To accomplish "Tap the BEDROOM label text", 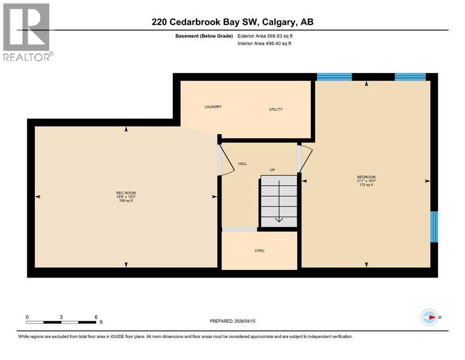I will (366, 177).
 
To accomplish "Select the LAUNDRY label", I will (213, 107).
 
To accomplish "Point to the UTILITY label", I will (275, 109).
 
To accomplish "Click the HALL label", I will (242, 164).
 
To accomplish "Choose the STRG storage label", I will (259, 251).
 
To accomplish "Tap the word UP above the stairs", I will (272, 170).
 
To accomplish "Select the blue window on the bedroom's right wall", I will (434, 226).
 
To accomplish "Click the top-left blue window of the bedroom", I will (334, 77).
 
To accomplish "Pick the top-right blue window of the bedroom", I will (410, 77).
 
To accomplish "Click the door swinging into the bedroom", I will (303, 158).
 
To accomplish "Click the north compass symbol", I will (428, 317).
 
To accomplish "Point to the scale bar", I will (61, 322).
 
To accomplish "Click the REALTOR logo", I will (27, 32).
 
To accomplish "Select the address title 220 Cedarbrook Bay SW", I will (232, 22).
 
